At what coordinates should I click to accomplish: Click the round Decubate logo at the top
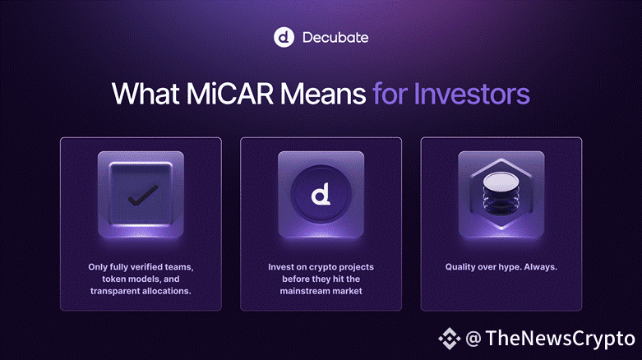pos(284,37)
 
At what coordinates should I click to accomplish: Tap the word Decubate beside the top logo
pos(335,38)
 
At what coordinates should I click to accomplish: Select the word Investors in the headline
pos(472,94)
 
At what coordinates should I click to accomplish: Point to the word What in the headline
pos(146,94)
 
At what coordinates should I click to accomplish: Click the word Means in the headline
pos(322,94)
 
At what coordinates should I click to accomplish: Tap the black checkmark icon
pos(143,196)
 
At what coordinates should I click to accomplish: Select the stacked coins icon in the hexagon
pos(501,194)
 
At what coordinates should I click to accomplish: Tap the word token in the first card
pos(113,279)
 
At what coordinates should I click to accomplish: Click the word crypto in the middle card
pos(321,267)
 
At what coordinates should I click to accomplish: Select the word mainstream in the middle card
pos(307,291)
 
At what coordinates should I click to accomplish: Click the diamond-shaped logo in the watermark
pos(450,339)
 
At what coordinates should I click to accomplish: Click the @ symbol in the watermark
pos(473,339)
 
